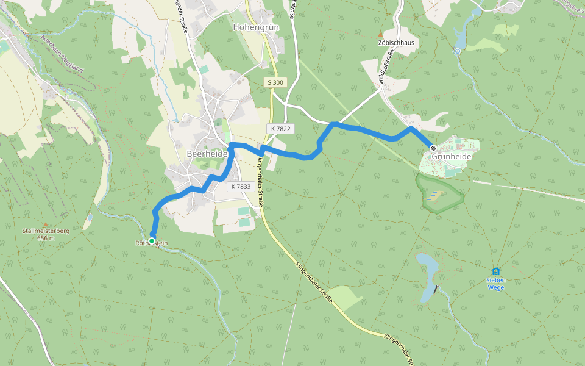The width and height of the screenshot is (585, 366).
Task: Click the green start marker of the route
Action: (151, 241)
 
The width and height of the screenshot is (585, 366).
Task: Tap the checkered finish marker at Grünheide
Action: (433, 148)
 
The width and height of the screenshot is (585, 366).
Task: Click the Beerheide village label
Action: (207, 154)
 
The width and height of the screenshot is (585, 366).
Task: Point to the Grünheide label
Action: (452, 157)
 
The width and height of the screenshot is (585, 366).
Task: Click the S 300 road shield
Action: (275, 82)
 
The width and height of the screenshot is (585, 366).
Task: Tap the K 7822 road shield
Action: (280, 129)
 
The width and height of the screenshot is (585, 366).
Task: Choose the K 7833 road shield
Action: (241, 187)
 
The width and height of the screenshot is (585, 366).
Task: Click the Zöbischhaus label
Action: (395, 43)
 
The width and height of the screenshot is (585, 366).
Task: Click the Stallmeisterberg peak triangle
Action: (44, 224)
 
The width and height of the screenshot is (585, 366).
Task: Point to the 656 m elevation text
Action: (46, 238)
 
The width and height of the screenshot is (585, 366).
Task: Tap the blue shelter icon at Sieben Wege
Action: (496, 271)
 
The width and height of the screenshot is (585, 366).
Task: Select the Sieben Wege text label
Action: (496, 284)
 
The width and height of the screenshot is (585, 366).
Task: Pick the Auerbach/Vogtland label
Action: (62, 54)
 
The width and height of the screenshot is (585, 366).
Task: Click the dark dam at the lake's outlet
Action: (435, 289)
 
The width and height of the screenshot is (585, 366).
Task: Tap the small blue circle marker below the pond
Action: (457, 51)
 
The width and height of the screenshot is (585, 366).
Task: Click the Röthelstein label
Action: (152, 244)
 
